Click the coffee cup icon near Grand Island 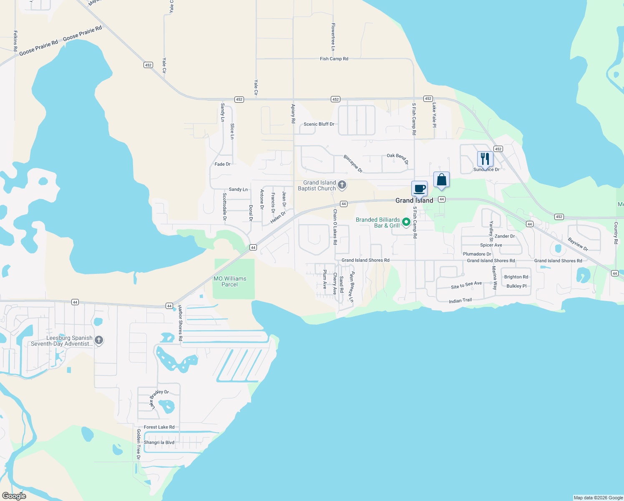pos(419,189)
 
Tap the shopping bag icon pos(441,180)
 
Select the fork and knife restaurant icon pos(485,159)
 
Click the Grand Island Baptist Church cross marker pos(342,185)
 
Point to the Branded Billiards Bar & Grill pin pos(406,222)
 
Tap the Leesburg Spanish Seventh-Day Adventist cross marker pos(99,340)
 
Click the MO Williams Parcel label pos(230,281)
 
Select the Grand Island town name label pos(414,200)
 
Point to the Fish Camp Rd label pos(334,59)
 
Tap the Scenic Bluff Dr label pos(319,124)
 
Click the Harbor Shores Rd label pos(180,323)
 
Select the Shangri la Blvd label pos(159,443)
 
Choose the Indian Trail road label pos(460,301)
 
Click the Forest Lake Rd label pos(159,427)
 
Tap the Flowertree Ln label pos(333,37)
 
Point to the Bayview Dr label pos(578,244)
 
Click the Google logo pos(14,496)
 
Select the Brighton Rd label pos(516,277)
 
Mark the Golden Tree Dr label pos(138,444)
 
